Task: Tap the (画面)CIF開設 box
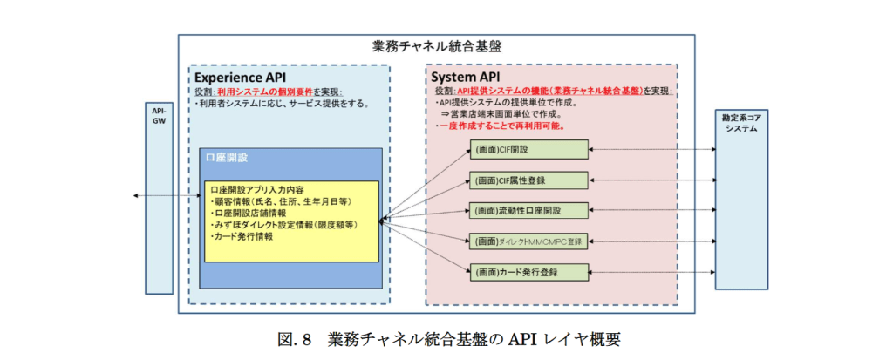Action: click(528, 150)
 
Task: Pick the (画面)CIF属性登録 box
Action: click(528, 180)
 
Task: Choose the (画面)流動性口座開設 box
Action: click(528, 210)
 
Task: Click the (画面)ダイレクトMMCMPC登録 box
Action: click(528, 241)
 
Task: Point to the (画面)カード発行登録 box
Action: click(528, 271)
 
